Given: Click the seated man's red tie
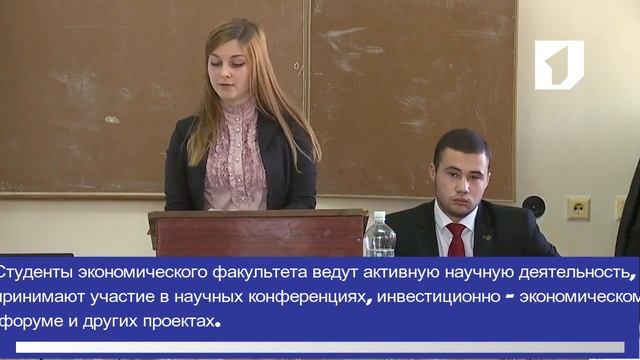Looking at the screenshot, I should point(456,240).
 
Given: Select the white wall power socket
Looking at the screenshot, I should point(578,207).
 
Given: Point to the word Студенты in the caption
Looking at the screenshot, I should point(39,271).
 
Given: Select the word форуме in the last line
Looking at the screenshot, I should point(33,322).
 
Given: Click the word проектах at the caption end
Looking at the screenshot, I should point(175,322).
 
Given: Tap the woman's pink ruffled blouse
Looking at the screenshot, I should point(235,160).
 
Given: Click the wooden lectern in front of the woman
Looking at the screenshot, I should point(258,233).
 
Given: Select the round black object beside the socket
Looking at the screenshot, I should point(535,206).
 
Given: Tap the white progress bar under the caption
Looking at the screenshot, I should point(320,347).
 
